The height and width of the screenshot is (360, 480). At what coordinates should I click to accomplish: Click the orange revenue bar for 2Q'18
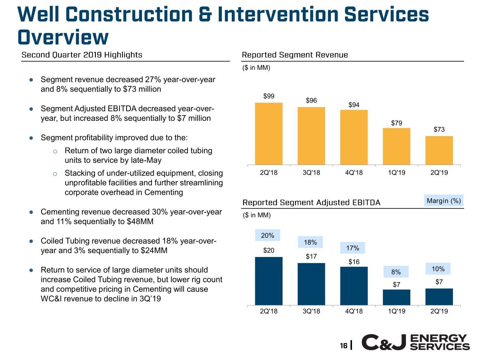pos(269,134)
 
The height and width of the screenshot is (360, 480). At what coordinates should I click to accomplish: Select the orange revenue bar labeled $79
pos(396,146)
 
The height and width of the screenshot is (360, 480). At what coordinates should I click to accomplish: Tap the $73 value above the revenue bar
pos(439,130)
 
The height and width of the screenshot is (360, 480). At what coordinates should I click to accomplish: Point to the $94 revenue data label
pos(354,105)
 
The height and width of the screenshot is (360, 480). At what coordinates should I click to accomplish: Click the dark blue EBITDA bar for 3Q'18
pos(311,284)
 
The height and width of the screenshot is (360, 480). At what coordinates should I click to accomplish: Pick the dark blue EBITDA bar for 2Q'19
pos(439,297)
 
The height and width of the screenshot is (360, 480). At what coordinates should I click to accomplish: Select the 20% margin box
pos(268,236)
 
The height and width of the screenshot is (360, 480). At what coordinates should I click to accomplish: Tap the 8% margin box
pos(396,272)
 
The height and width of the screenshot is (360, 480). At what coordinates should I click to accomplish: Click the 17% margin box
pos(353,248)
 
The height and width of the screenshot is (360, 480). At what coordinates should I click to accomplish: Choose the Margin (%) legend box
pos(444,201)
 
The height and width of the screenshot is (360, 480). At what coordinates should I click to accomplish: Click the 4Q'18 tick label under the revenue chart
pos(354,173)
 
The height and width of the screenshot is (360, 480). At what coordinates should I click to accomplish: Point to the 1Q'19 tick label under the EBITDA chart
pos(396,311)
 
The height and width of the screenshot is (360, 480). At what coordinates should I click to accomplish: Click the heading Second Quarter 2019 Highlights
pos(82,55)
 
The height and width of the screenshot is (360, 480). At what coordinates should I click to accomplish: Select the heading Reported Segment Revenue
pos(295,55)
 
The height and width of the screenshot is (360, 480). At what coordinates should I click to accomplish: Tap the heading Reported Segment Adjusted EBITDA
pos(312,202)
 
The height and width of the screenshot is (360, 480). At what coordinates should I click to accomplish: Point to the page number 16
pos(344,346)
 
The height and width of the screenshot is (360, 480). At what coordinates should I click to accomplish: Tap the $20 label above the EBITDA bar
pos(269,250)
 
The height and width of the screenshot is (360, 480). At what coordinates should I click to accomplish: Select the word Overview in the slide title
pos(63,37)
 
